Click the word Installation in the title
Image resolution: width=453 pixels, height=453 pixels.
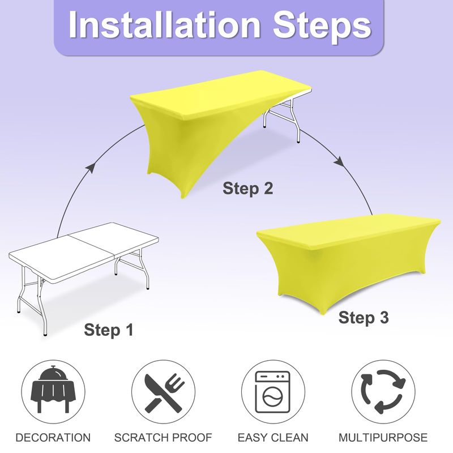click(165, 24)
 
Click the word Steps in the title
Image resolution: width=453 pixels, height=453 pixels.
click(322, 27)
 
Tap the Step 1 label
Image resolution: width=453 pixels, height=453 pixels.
click(109, 330)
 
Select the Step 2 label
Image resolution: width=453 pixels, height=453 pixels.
click(247, 189)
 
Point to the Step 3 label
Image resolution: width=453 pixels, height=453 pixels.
click(364, 318)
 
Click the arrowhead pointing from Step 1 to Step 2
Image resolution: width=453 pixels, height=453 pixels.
click(91, 167)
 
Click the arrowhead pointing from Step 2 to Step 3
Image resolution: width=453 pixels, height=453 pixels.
click(339, 162)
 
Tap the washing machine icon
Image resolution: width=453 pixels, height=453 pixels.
click(272, 392)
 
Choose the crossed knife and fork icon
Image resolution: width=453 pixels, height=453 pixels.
click(164, 392)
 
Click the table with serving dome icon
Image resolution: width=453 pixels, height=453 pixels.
click(53, 390)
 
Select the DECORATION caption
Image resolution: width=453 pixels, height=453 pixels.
click(53, 438)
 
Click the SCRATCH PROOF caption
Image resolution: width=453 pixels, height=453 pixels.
click(163, 438)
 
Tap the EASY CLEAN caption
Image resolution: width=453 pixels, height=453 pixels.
click(273, 438)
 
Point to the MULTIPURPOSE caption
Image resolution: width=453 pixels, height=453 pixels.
click(383, 438)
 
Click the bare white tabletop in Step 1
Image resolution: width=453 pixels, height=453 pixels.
click(84, 252)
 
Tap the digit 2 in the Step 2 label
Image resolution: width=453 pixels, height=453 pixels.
click(268, 188)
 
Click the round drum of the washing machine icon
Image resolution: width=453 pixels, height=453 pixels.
click(272, 397)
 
